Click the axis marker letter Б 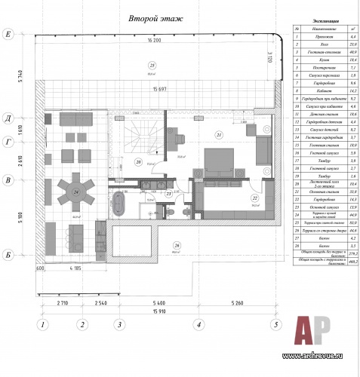8,254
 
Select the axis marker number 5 275,326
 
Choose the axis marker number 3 118,326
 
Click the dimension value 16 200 156,40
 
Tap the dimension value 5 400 158,303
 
